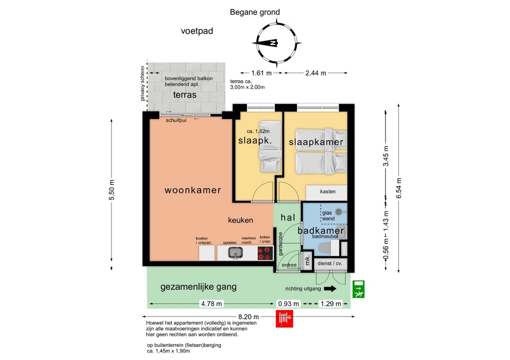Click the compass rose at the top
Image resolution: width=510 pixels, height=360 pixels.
pos(277,42)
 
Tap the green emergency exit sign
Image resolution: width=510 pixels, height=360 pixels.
pos(358,289)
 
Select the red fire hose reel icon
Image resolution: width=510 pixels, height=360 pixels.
pos(284,318)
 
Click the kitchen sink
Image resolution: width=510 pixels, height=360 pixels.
pos(235,253)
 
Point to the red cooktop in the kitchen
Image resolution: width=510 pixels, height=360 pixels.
pos(265,253)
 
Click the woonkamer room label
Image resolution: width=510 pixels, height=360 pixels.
pos(193,190)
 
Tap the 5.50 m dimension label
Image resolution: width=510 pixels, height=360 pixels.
pos(111,190)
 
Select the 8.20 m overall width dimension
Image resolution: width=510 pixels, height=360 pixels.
pos(248,317)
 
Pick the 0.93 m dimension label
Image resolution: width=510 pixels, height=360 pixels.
pos(289,304)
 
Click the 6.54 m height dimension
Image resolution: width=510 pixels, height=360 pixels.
pos(399,188)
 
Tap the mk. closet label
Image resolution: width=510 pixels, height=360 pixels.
pos(307,260)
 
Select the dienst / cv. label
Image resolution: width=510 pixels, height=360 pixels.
pos(330,263)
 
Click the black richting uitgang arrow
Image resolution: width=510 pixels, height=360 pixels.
pos(330,289)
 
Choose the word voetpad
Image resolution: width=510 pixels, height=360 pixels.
pos(197,31)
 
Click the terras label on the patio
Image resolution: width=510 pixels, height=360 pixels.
pos(185,95)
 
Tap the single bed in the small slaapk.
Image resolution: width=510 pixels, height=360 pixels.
pos(270,147)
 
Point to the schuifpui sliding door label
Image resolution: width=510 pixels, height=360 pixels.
pos(176,120)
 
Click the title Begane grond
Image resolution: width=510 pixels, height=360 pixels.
pos(255,12)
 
